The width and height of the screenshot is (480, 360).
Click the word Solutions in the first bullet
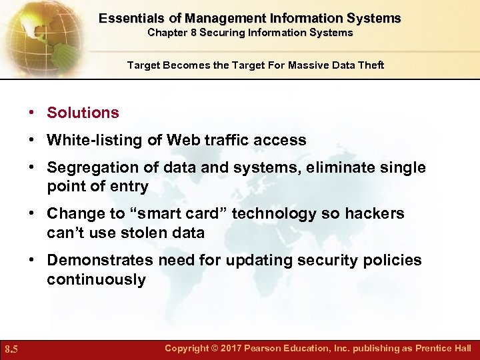click(x=83, y=113)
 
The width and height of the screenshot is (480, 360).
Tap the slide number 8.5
click(x=11, y=349)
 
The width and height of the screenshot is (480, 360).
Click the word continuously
click(x=96, y=279)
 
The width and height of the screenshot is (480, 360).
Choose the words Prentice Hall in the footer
click(x=443, y=349)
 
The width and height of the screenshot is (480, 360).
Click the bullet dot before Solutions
click(x=32, y=113)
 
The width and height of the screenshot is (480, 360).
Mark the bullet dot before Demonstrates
click(x=32, y=260)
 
